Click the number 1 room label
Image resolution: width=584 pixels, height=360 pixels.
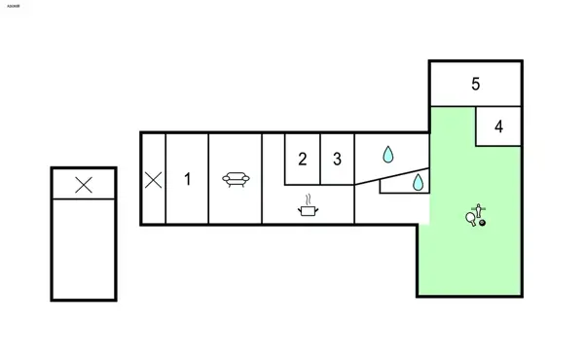click(188, 179)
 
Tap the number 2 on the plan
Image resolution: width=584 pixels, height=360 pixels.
click(303, 159)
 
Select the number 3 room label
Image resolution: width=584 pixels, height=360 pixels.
click(337, 159)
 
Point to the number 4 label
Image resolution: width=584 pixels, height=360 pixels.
click(498, 126)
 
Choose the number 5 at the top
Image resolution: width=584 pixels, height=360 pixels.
click(475, 84)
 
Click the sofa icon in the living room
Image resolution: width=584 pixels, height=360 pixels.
click(234, 178)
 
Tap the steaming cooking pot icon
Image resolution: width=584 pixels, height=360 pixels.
click(308, 207)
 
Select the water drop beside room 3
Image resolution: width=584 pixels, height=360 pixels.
click(387, 154)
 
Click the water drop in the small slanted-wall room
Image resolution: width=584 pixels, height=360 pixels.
click(418, 182)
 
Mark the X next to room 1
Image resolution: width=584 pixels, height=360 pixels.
click(153, 179)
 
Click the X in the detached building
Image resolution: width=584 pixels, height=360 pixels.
click(84, 184)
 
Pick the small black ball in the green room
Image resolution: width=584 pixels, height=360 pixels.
click(482, 224)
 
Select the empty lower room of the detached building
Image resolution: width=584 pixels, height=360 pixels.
click(84, 248)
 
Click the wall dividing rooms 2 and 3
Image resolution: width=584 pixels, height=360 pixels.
click(320, 158)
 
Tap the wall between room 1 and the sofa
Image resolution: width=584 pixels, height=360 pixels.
click(208, 179)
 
